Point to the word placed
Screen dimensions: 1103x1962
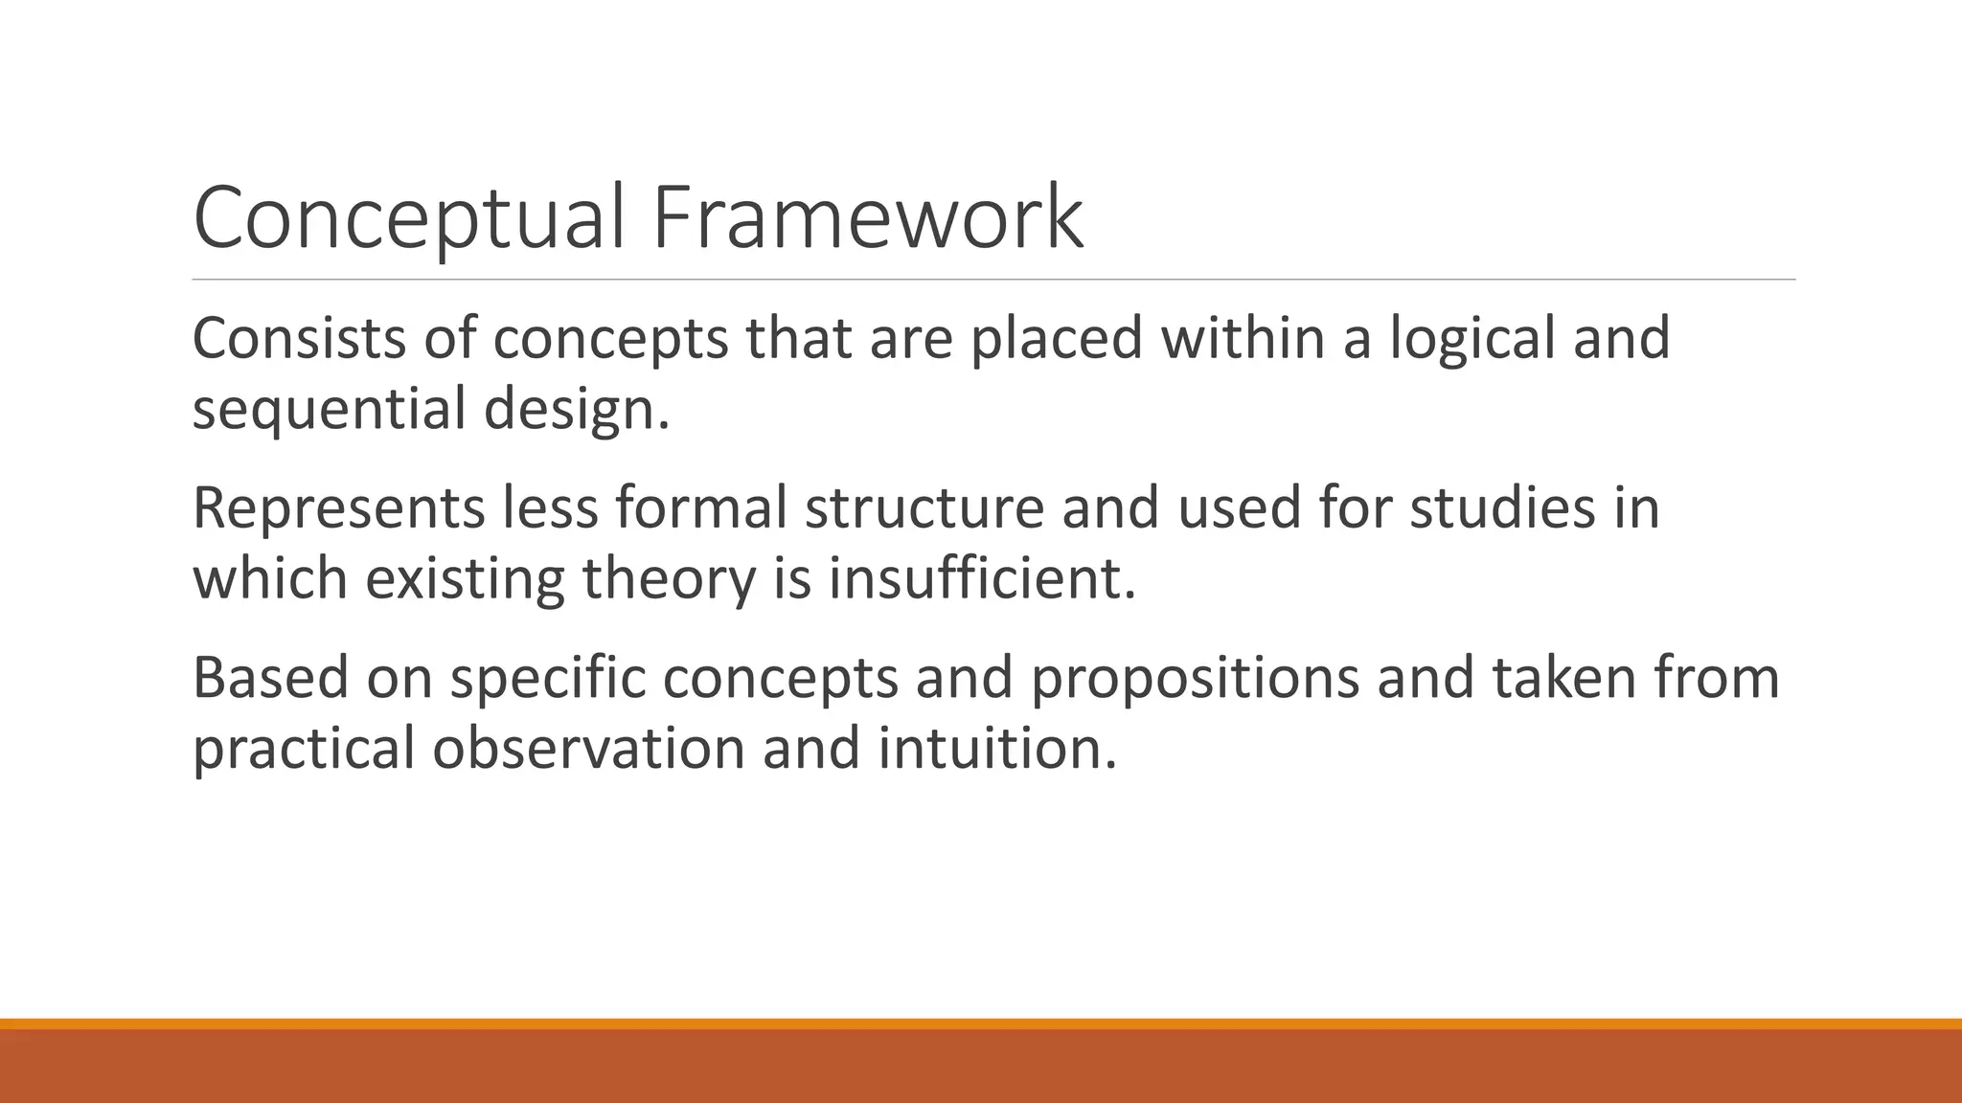(x=1057, y=340)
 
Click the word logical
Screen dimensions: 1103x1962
(x=1472, y=340)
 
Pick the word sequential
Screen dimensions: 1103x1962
(x=330, y=410)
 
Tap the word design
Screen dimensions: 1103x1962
(x=576, y=410)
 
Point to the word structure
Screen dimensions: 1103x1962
(x=924, y=507)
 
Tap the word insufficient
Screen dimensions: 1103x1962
(x=982, y=579)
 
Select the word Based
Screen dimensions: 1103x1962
(x=270, y=678)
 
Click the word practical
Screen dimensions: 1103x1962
(x=304, y=749)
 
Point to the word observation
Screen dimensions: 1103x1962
(x=588, y=749)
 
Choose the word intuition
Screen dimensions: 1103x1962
(x=997, y=749)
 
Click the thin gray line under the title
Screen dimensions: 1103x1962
(x=993, y=280)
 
